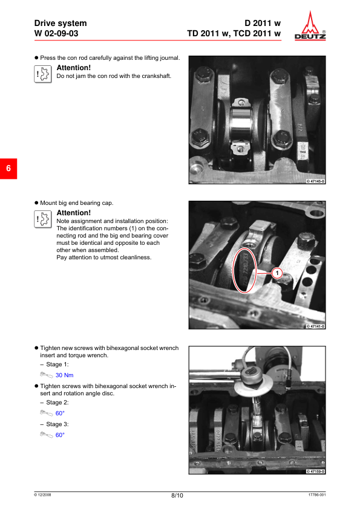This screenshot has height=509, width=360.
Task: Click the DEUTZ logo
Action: click(x=310, y=25)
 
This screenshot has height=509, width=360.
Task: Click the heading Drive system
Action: click(x=61, y=24)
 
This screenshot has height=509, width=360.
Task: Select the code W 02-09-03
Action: click(x=56, y=33)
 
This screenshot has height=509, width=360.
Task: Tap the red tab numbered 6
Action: click(x=8, y=169)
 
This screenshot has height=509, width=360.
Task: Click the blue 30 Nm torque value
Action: click(x=64, y=375)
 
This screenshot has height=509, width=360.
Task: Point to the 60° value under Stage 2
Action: click(x=60, y=413)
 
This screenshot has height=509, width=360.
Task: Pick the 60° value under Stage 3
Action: click(x=60, y=435)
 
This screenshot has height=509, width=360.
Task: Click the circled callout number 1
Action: click(x=277, y=273)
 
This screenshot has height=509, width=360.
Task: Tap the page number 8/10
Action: click(x=177, y=495)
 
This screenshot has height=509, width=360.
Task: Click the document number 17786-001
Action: click(x=317, y=494)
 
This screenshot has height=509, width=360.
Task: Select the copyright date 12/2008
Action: click(x=42, y=494)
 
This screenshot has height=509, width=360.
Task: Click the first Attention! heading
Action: click(x=74, y=68)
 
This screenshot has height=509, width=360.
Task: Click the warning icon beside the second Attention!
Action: click(x=43, y=219)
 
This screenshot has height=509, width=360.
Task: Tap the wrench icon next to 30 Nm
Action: click(x=47, y=375)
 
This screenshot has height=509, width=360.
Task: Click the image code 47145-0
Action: click(x=315, y=181)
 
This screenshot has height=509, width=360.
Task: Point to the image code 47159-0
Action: click(x=315, y=472)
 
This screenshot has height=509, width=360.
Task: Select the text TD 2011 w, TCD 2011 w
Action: click(x=234, y=33)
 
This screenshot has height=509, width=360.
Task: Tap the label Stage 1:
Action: click(x=57, y=365)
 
